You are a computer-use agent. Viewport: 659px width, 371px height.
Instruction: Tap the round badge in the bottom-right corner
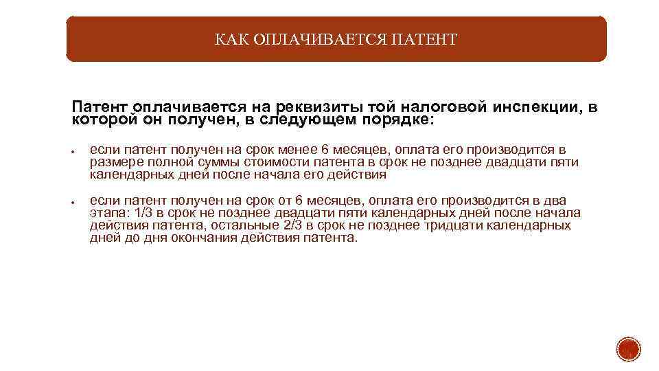tap(627, 349)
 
